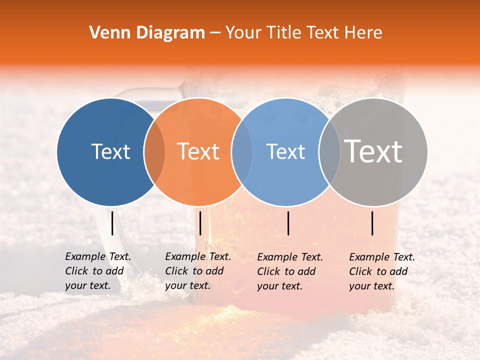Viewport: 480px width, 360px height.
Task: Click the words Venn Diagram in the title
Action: pos(147,33)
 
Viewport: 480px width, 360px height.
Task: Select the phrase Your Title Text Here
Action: pos(303,33)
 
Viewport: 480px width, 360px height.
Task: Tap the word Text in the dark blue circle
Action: pos(110,151)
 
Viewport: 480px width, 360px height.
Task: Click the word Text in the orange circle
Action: pos(198,151)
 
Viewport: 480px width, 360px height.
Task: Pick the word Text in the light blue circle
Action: pos(285,151)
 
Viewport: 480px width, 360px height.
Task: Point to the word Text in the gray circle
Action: pos(373,151)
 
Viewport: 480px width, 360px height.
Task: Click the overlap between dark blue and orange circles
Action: pos(154,151)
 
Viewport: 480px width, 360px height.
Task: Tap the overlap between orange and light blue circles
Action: pos(242,151)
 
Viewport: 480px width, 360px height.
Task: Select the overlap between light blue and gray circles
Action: pos(329,151)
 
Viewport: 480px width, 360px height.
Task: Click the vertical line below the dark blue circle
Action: pos(112,223)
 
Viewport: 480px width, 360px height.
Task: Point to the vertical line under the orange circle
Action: pos(200,223)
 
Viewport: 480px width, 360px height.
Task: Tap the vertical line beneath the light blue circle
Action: pos(288,223)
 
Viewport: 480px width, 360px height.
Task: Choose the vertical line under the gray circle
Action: pos(372,223)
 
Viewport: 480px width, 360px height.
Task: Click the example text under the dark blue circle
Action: pos(97,271)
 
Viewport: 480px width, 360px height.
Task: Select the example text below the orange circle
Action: pos(197,271)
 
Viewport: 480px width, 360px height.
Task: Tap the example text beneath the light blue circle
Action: pos(289,271)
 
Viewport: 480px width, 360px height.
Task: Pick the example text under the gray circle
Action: pos(381,271)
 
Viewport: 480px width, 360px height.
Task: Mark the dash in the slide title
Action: pos(215,33)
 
